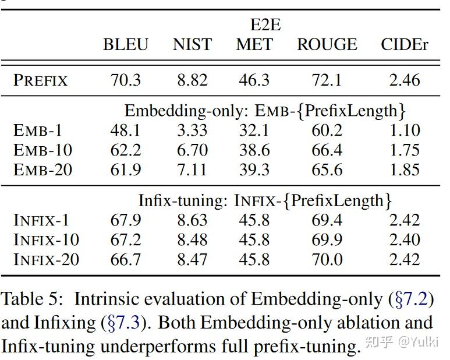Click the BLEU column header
pos(126,45)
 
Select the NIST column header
pos(192,45)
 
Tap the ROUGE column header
pos(327,45)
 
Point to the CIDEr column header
pos(405,45)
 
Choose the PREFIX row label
pos(41,80)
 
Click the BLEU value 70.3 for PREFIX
pos(126,80)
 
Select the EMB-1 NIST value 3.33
pos(192,130)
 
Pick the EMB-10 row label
pos(42,150)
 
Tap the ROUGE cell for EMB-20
pos(327,170)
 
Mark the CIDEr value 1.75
pos(405,150)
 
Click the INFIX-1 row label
pos(41,220)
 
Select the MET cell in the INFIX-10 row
pos(254,240)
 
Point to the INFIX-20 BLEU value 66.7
pos(126,259)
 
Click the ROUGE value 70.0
pos(327,259)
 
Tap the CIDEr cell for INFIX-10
pos(405,240)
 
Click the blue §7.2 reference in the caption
pos(411,300)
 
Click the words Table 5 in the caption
pos(30,300)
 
